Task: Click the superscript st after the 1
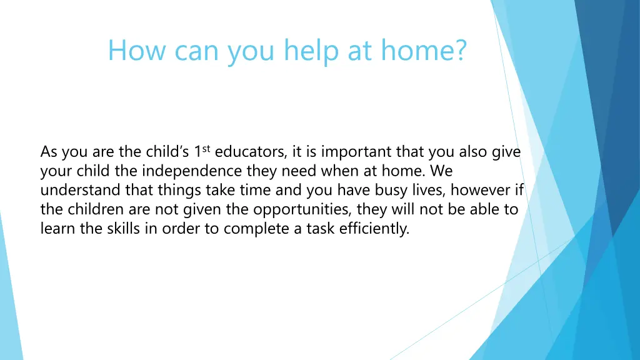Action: click(206, 149)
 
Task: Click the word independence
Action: click(191, 171)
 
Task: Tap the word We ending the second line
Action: click(441, 171)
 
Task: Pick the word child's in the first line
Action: click(167, 152)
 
